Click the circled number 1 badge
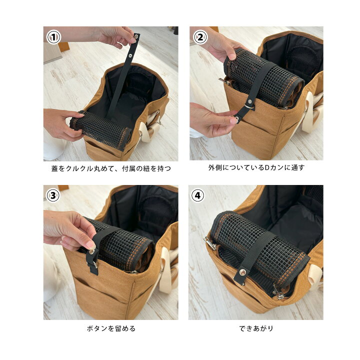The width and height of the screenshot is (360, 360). click(x=53, y=37)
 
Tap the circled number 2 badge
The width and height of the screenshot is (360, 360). click(x=200, y=37)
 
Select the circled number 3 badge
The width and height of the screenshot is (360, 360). click(x=53, y=195)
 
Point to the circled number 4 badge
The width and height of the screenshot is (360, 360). click(x=197, y=195)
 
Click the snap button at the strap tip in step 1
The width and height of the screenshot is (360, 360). click(x=136, y=36)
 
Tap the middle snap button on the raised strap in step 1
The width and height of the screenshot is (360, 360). click(x=130, y=56)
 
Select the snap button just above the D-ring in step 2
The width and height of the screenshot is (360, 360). click(x=249, y=100)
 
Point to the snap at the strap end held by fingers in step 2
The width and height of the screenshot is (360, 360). click(x=236, y=118)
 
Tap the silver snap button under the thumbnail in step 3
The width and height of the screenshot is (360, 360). click(x=91, y=252)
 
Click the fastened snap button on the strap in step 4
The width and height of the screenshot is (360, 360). click(x=242, y=272)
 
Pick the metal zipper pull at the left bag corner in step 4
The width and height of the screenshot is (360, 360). click(x=209, y=243)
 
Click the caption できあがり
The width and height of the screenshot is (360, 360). click(x=256, y=328)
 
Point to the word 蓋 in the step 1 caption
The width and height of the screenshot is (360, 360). click(x=55, y=169)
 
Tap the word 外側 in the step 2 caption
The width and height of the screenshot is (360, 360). click(x=215, y=168)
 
